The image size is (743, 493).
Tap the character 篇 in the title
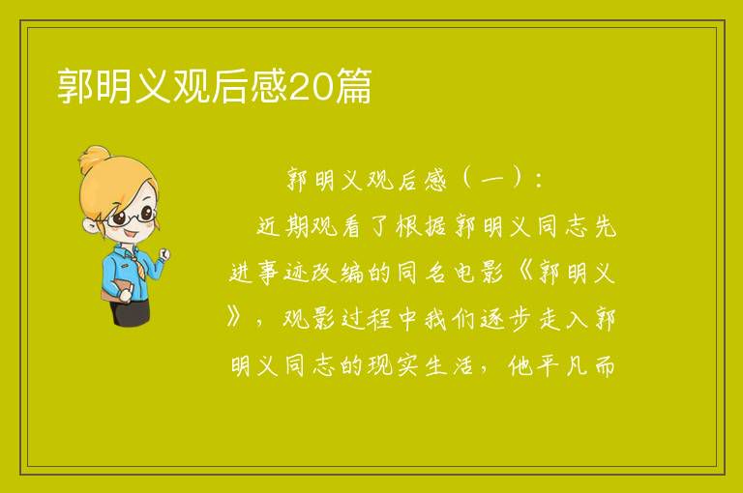tap(353, 86)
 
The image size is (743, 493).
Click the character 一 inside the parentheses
tap(492, 181)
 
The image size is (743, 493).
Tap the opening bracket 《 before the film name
tap(526, 273)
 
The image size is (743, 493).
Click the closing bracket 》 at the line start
tap(235, 318)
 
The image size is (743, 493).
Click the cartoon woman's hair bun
tap(95, 159)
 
